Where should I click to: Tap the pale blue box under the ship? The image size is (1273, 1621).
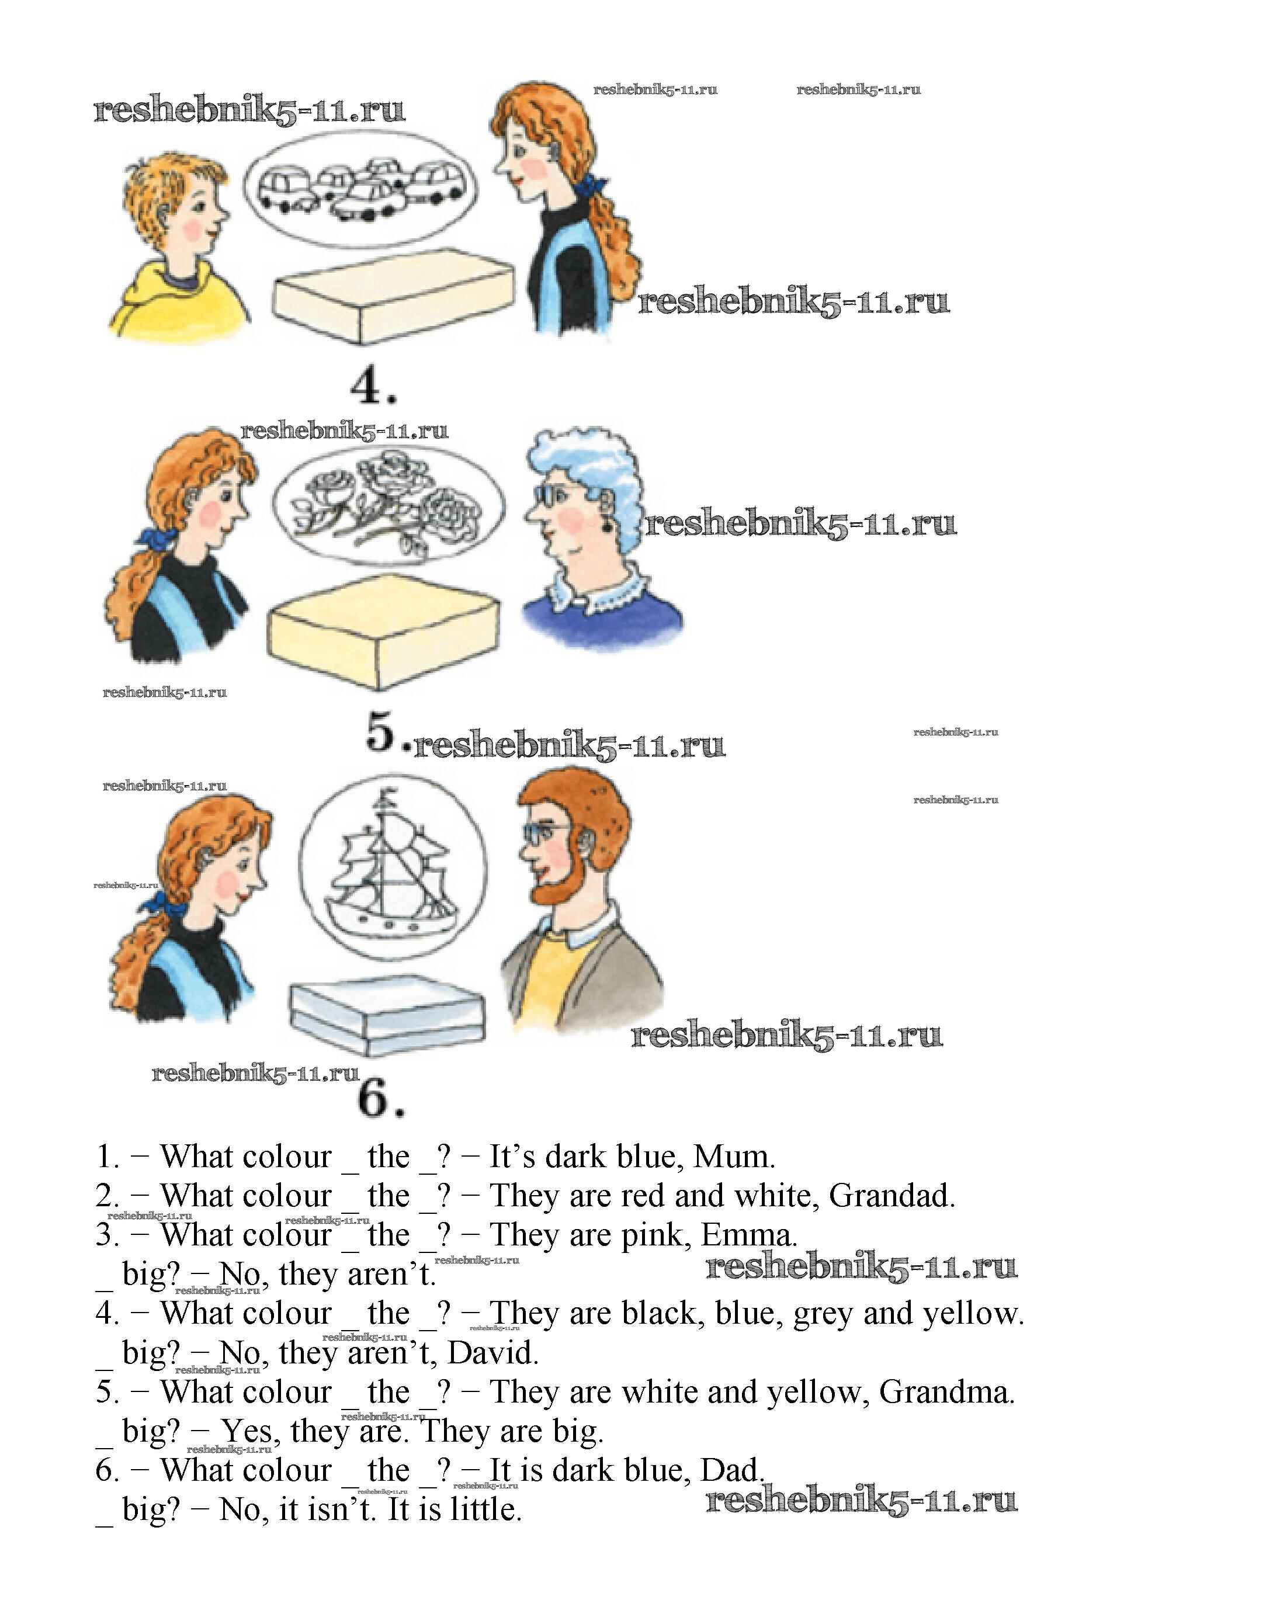tap(387, 1018)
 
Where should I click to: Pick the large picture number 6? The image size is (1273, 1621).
tap(381, 1099)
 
